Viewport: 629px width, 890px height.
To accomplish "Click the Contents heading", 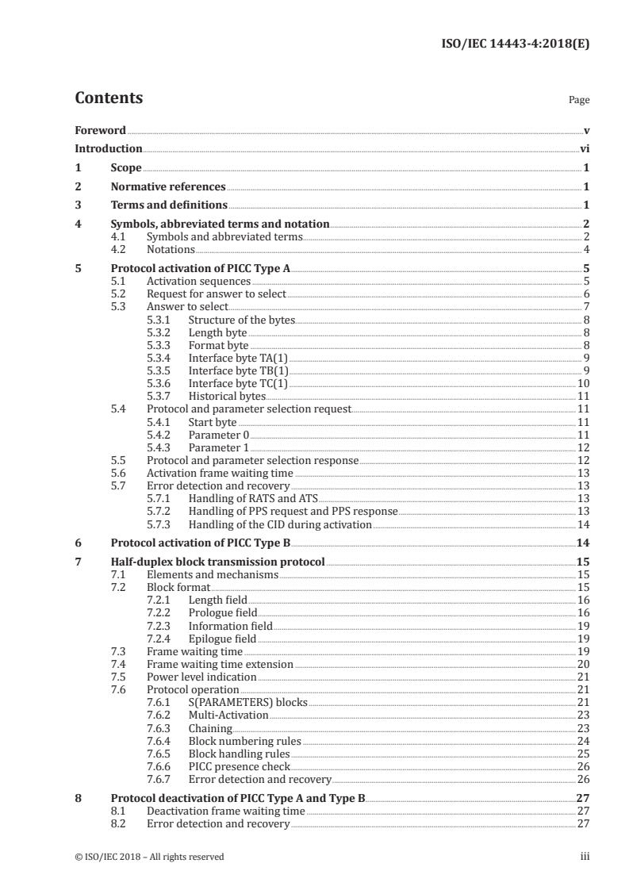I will point(109,98).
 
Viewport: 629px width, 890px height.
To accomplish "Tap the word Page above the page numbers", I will point(578,101).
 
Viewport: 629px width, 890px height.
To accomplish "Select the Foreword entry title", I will point(100,130).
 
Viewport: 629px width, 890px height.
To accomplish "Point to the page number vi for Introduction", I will point(584,149).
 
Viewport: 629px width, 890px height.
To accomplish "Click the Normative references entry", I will point(168,187).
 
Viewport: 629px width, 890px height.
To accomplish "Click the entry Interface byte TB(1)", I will point(238,370).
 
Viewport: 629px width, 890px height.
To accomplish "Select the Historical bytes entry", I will point(227,396).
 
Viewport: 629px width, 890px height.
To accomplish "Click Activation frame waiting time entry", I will point(220,473).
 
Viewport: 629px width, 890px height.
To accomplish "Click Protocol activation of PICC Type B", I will point(201,543).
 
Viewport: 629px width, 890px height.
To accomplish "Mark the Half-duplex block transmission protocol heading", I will point(217,562).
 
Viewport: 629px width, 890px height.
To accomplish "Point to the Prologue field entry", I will point(222,613).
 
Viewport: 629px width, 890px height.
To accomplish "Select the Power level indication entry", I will point(201,677).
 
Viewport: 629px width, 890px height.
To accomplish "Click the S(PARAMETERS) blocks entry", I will point(247,703).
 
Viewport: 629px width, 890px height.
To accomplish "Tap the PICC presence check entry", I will point(239,766).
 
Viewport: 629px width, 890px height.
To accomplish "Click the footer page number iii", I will point(585,857).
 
